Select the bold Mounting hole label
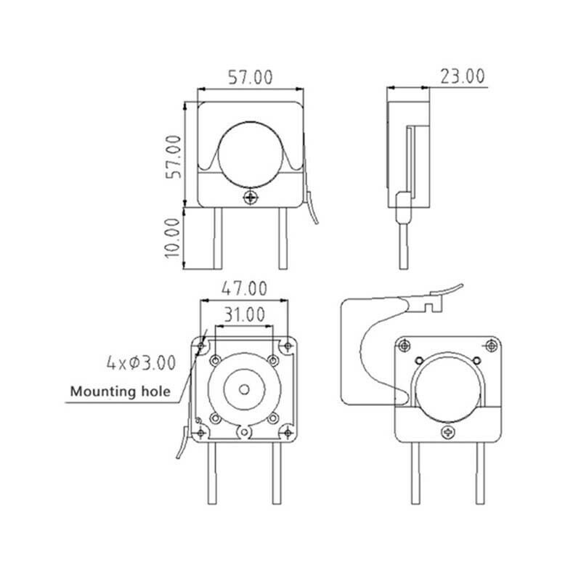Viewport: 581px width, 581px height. (121, 392)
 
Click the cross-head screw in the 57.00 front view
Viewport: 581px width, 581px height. (251, 196)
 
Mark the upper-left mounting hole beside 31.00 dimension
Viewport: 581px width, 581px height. (216, 359)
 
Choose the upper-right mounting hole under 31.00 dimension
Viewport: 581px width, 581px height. (273, 359)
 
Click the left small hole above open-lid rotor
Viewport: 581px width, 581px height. (418, 360)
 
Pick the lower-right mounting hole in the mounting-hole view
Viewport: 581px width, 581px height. (273, 418)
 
